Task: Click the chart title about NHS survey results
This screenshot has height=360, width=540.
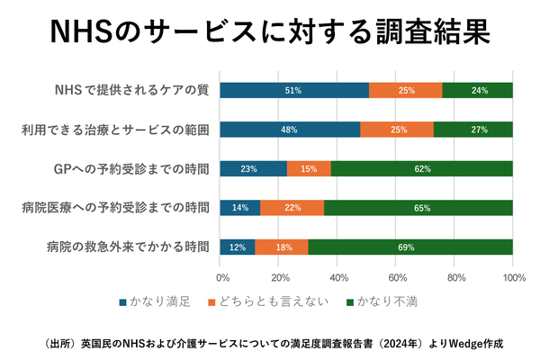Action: click(270, 33)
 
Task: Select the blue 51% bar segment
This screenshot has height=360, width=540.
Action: click(294, 90)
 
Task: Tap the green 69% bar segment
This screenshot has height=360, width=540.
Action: click(410, 247)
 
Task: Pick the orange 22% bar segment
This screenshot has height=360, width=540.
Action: click(292, 208)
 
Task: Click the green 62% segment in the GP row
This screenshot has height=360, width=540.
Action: click(422, 168)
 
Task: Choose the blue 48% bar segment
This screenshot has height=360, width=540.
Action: click(290, 130)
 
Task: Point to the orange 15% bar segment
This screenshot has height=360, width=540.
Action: click(309, 168)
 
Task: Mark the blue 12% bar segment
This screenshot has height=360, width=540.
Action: click(238, 247)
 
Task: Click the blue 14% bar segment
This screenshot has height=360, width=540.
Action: click(240, 208)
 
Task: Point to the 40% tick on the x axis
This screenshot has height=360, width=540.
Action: click(337, 278)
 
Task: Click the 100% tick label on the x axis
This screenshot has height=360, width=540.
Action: click(513, 278)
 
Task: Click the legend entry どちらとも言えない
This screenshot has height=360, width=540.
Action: click(271, 301)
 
